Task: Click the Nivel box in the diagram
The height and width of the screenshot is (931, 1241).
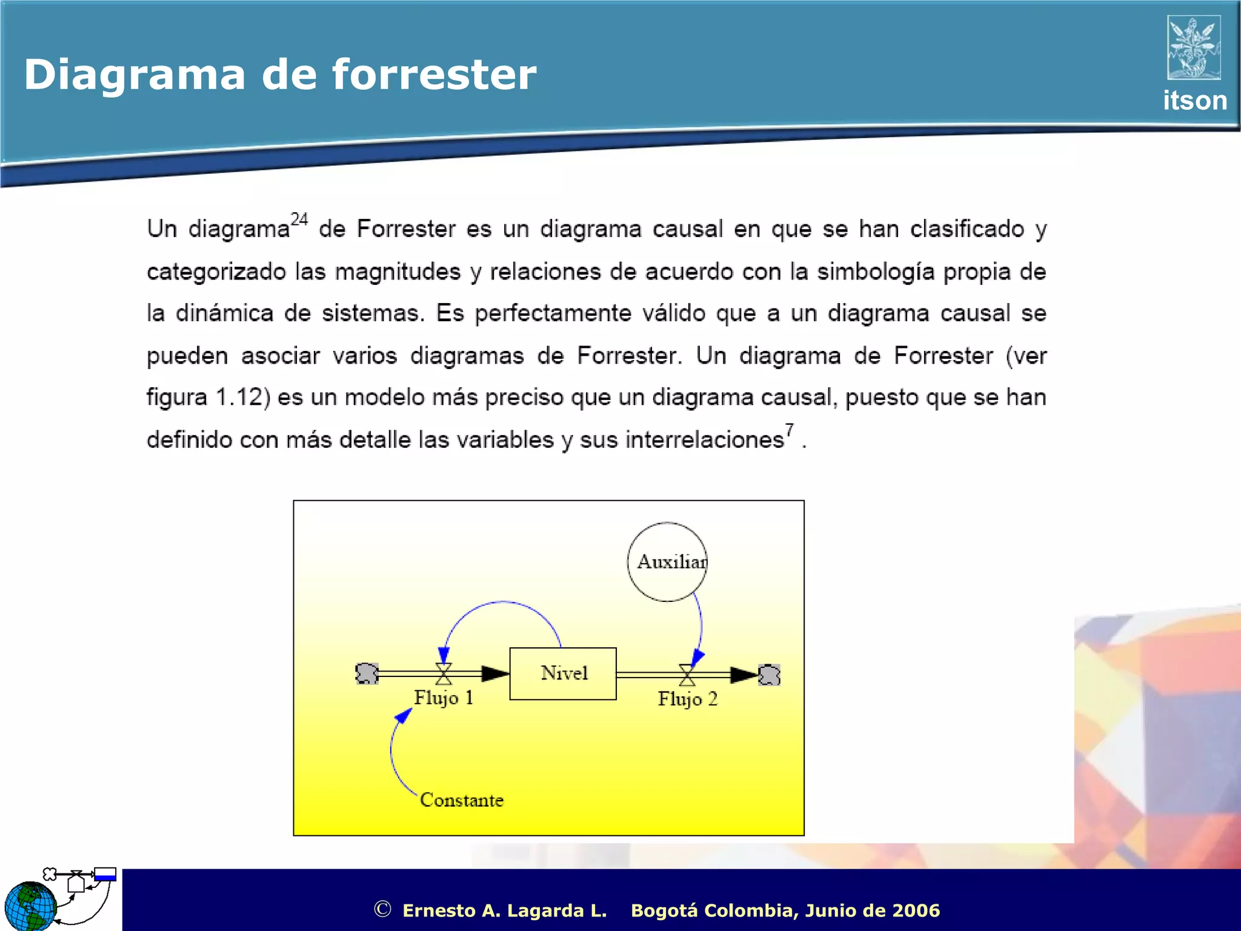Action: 562,673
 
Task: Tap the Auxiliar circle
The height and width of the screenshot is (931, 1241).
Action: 667,562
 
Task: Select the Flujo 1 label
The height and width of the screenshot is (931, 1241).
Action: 444,698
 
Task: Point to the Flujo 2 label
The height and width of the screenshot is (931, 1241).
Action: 688,699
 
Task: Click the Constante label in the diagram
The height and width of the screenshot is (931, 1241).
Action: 462,800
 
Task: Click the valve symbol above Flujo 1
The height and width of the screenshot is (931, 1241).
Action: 444,673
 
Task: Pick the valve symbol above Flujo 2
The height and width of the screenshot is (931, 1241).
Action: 687,675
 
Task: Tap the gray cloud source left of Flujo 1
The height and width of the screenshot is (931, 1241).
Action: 367,673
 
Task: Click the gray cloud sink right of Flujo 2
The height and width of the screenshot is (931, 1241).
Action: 769,675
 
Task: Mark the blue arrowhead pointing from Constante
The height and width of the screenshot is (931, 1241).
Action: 403,716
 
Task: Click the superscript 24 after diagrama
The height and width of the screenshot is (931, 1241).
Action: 299,219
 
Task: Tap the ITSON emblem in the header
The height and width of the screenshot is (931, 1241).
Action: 1194,47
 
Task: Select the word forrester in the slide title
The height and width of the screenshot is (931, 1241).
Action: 434,75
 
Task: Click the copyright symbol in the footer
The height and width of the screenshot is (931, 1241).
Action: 382,909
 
